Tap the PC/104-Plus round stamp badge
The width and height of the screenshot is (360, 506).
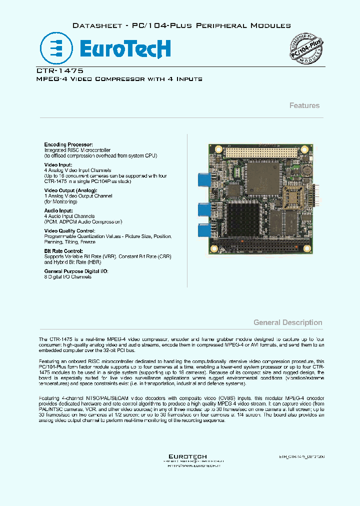tap(304, 51)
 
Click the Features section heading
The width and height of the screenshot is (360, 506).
tap(304, 105)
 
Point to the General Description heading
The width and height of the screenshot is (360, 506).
tap(287, 322)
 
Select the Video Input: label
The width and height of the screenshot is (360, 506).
tap(58, 164)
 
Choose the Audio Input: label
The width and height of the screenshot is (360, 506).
tap(59, 211)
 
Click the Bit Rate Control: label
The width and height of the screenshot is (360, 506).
tap(63, 251)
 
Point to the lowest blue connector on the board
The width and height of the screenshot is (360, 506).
tap(203, 230)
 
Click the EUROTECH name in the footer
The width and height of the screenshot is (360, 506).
tap(187, 456)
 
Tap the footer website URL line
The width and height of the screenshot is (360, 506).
tap(187, 465)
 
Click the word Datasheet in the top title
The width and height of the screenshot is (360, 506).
tap(94, 25)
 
